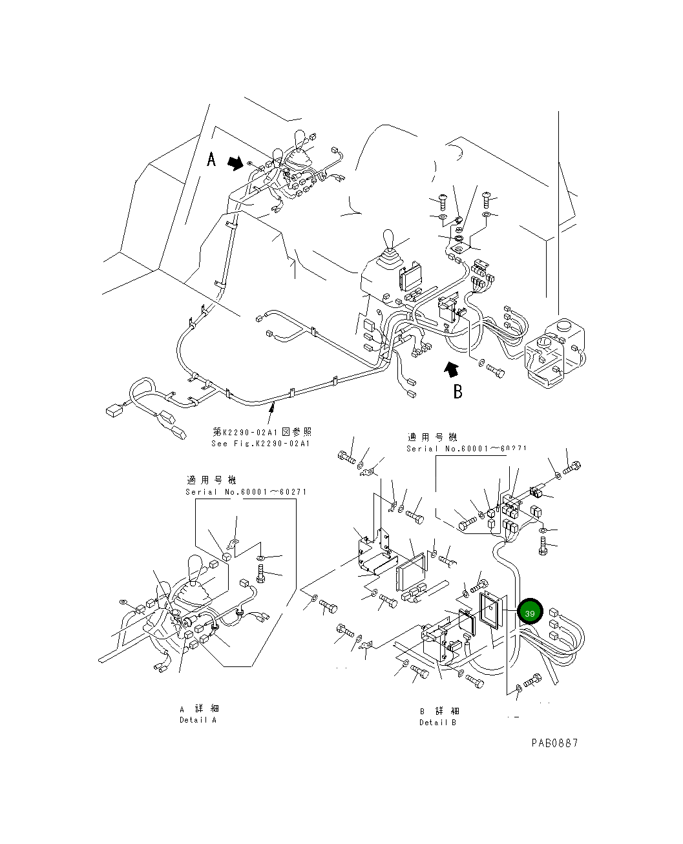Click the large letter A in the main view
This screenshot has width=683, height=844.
coord(211,159)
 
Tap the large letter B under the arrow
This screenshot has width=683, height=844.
coord(457,391)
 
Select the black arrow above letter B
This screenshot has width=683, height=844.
coord(451,369)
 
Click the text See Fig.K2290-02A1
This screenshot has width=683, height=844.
coord(260,444)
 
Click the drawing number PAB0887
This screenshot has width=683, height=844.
coord(554,743)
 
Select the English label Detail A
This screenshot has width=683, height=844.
coord(198,720)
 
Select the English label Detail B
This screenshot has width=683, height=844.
coord(437,723)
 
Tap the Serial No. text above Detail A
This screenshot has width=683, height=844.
coord(246,492)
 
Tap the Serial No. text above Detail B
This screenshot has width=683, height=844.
coord(467,449)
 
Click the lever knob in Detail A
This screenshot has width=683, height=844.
coord(196,568)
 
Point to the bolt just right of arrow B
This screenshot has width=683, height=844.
coord(496,371)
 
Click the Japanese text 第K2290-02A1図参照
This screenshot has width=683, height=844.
coord(262,431)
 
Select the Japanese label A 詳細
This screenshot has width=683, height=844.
coord(200,709)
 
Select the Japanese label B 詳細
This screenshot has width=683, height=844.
coord(439,711)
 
